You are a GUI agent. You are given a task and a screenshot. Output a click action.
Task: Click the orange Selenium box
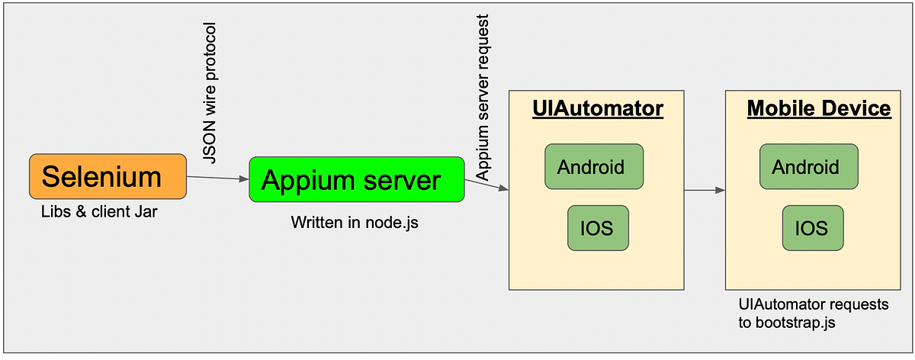pos(108,176)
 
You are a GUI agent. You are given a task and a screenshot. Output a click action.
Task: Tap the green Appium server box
pos(357,179)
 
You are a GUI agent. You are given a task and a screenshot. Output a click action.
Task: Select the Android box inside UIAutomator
pos(594,166)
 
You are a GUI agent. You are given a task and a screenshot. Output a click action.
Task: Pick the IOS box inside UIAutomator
pos(598,228)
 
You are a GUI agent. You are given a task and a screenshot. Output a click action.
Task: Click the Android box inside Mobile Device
pos(809,166)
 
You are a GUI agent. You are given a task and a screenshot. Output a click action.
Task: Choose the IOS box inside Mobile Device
pos(813,228)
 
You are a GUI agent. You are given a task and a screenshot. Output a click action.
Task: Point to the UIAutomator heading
pos(598,109)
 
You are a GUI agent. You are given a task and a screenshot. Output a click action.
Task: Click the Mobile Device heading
pos(819,109)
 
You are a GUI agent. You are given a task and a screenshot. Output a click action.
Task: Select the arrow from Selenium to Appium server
pos(218,178)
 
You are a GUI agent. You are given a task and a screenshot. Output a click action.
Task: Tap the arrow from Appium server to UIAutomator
pos(486,185)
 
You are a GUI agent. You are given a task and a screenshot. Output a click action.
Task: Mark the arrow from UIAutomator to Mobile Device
pos(705,190)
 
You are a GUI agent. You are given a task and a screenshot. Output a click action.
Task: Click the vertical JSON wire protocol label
pos(210,93)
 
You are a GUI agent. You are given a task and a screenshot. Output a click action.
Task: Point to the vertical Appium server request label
pos(483,98)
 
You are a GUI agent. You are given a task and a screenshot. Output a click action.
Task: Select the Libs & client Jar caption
pos(99,212)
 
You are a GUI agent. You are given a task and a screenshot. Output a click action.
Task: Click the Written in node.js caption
pos(355,223)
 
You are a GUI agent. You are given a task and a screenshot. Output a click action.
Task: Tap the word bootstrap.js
pos(795,323)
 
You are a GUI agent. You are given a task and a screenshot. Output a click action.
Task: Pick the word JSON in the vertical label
pos(210,142)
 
